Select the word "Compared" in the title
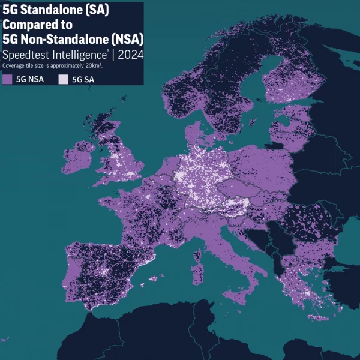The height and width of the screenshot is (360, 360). click(x=28, y=25)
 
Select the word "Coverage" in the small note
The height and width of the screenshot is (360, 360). click(x=13, y=65)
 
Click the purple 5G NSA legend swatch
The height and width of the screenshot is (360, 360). click(x=7, y=79)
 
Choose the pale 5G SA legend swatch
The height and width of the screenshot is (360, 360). click(x=63, y=79)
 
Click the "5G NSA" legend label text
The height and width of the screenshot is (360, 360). click(x=29, y=79)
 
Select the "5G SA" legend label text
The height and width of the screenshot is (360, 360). click(x=82, y=79)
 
